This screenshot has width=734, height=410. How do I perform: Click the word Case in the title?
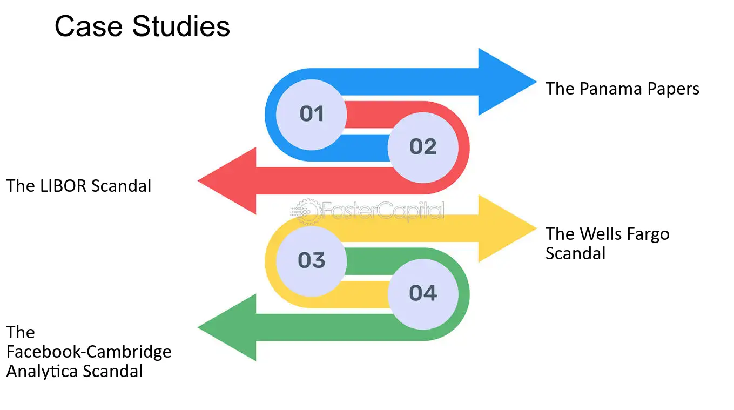coord(89,26)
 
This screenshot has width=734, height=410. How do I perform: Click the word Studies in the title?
coord(181,26)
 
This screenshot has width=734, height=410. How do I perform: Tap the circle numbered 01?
coord(311,115)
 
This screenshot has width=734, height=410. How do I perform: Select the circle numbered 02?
coord(423,147)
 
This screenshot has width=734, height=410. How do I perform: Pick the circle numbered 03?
coord(311,261)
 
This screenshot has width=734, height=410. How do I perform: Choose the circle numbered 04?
coord(423,294)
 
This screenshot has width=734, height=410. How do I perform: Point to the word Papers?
coord(673,90)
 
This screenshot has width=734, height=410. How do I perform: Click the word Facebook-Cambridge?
coord(89,352)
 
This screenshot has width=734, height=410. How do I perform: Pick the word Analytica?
coord(42,371)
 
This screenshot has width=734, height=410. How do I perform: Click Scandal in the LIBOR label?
coord(121,186)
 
